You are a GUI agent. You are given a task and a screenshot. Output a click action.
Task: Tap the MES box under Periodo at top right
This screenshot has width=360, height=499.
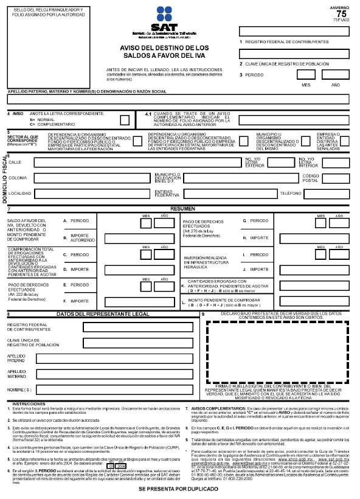click(x=306, y=74)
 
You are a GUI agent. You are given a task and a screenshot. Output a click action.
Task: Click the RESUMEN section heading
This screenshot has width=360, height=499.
click(x=182, y=208)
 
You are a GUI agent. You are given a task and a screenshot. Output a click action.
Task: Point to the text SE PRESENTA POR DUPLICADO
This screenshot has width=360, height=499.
click(x=181, y=489)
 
